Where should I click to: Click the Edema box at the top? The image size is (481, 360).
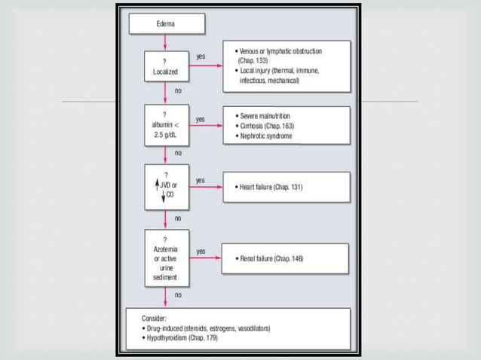click(165, 24)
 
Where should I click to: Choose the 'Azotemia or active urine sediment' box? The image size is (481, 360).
click(165, 258)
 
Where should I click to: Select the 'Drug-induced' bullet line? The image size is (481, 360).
click(206, 328)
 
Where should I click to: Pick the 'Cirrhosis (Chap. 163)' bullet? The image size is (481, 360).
click(265, 126)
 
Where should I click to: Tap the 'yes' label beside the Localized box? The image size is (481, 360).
click(201, 56)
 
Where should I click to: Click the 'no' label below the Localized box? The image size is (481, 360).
click(178, 90)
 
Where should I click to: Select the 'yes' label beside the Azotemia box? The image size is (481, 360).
click(201, 251)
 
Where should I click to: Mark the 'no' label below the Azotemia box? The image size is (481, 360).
click(178, 295)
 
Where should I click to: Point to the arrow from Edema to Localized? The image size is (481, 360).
click(165, 42)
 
